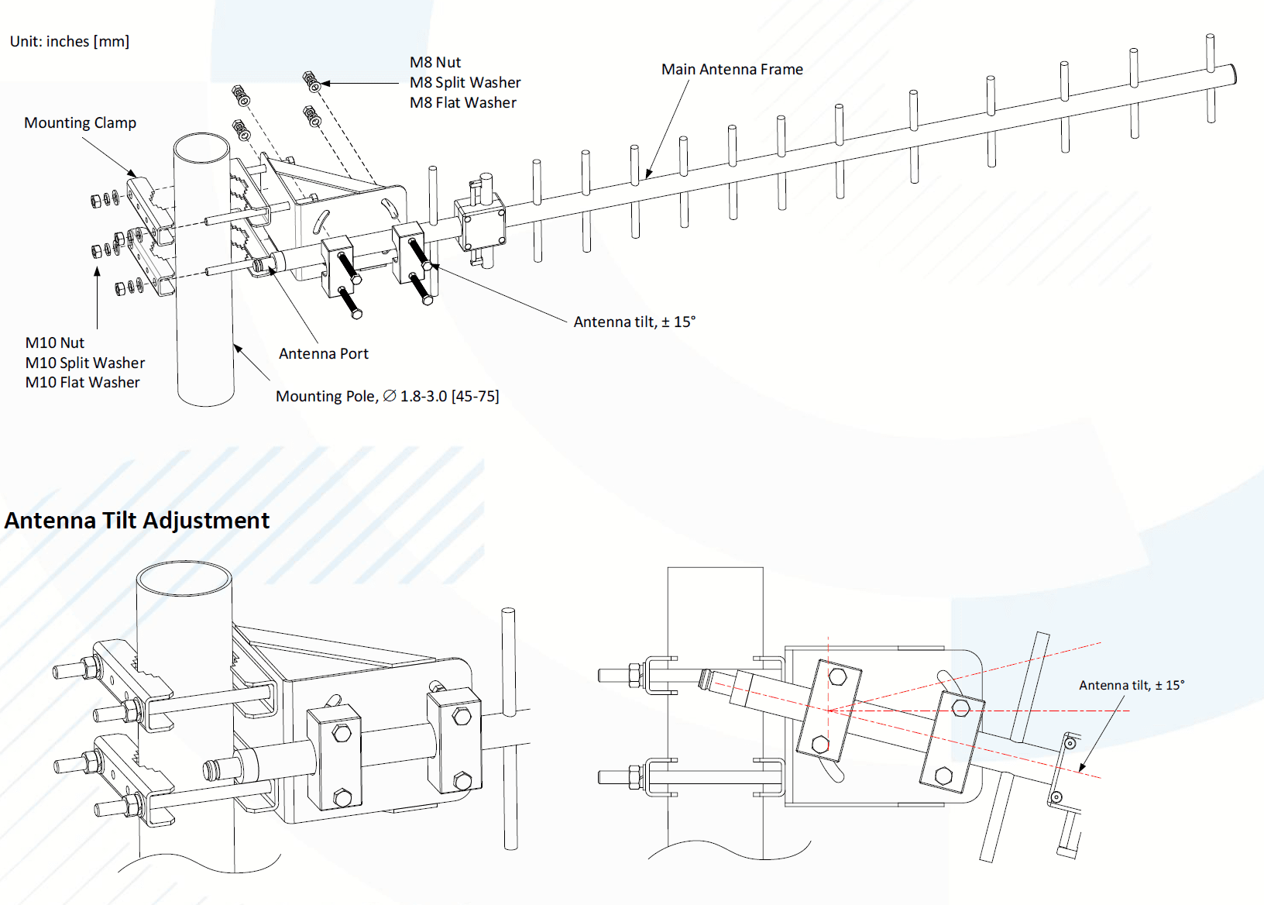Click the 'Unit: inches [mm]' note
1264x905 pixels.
(70, 42)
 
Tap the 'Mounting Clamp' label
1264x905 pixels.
(80, 123)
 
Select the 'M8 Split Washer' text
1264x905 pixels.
(465, 83)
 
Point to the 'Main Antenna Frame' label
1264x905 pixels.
(732, 70)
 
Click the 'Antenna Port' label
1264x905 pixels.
(323, 354)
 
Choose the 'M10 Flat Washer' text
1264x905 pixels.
(83, 383)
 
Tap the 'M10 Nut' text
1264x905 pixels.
(55, 343)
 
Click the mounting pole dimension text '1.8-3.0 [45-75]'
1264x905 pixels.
(449, 397)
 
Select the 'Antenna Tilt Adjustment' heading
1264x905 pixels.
(137, 521)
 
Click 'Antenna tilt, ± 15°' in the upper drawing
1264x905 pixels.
(634, 322)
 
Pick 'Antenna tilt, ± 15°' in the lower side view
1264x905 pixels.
(1131, 686)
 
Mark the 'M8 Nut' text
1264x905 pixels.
(435, 63)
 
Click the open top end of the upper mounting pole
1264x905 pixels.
(201, 147)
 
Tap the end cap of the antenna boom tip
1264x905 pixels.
(1231, 74)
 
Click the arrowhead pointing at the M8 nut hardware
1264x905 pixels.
(325, 83)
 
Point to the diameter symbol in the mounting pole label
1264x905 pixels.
(390, 396)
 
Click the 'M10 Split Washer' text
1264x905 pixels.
(85, 363)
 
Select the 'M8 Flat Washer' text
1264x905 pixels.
(463, 103)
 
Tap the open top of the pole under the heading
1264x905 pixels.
(184, 578)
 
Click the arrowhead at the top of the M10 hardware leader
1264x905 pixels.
(98, 271)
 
